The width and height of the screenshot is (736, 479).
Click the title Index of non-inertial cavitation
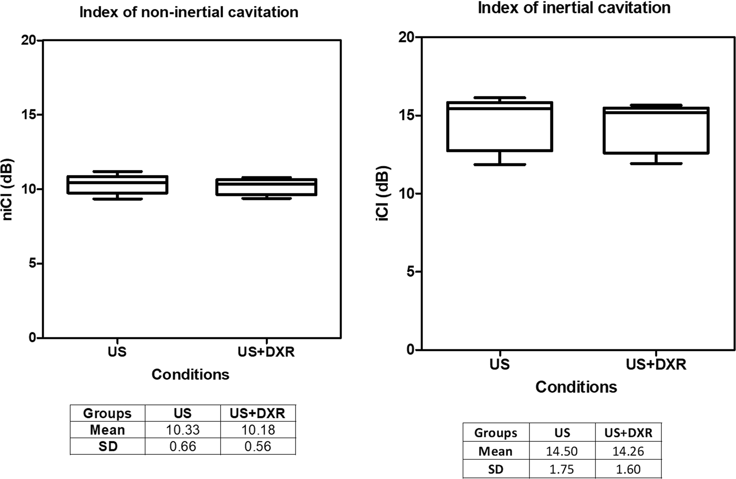click(188, 12)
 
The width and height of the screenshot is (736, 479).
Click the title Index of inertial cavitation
click(574, 8)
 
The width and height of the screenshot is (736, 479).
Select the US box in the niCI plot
click(117, 185)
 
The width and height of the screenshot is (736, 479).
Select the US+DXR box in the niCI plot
click(266, 187)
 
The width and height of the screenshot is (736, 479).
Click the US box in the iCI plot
click(499, 127)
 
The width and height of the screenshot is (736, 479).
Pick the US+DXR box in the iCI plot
click(656, 130)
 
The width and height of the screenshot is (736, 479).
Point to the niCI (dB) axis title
click(8, 189)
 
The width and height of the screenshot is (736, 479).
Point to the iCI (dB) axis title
click(384, 194)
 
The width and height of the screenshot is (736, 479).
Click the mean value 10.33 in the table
click(183, 430)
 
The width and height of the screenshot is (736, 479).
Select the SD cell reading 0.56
click(258, 446)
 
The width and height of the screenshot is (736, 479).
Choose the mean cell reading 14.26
click(628, 451)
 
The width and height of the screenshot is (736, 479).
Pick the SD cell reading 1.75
click(562, 469)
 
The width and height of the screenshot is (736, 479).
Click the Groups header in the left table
click(107, 413)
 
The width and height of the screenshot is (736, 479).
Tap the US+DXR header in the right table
click(628, 433)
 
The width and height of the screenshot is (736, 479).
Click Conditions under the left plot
click(190, 374)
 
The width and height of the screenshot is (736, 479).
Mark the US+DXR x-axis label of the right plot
click(656, 364)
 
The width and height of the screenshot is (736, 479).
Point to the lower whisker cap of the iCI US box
click(499, 165)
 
